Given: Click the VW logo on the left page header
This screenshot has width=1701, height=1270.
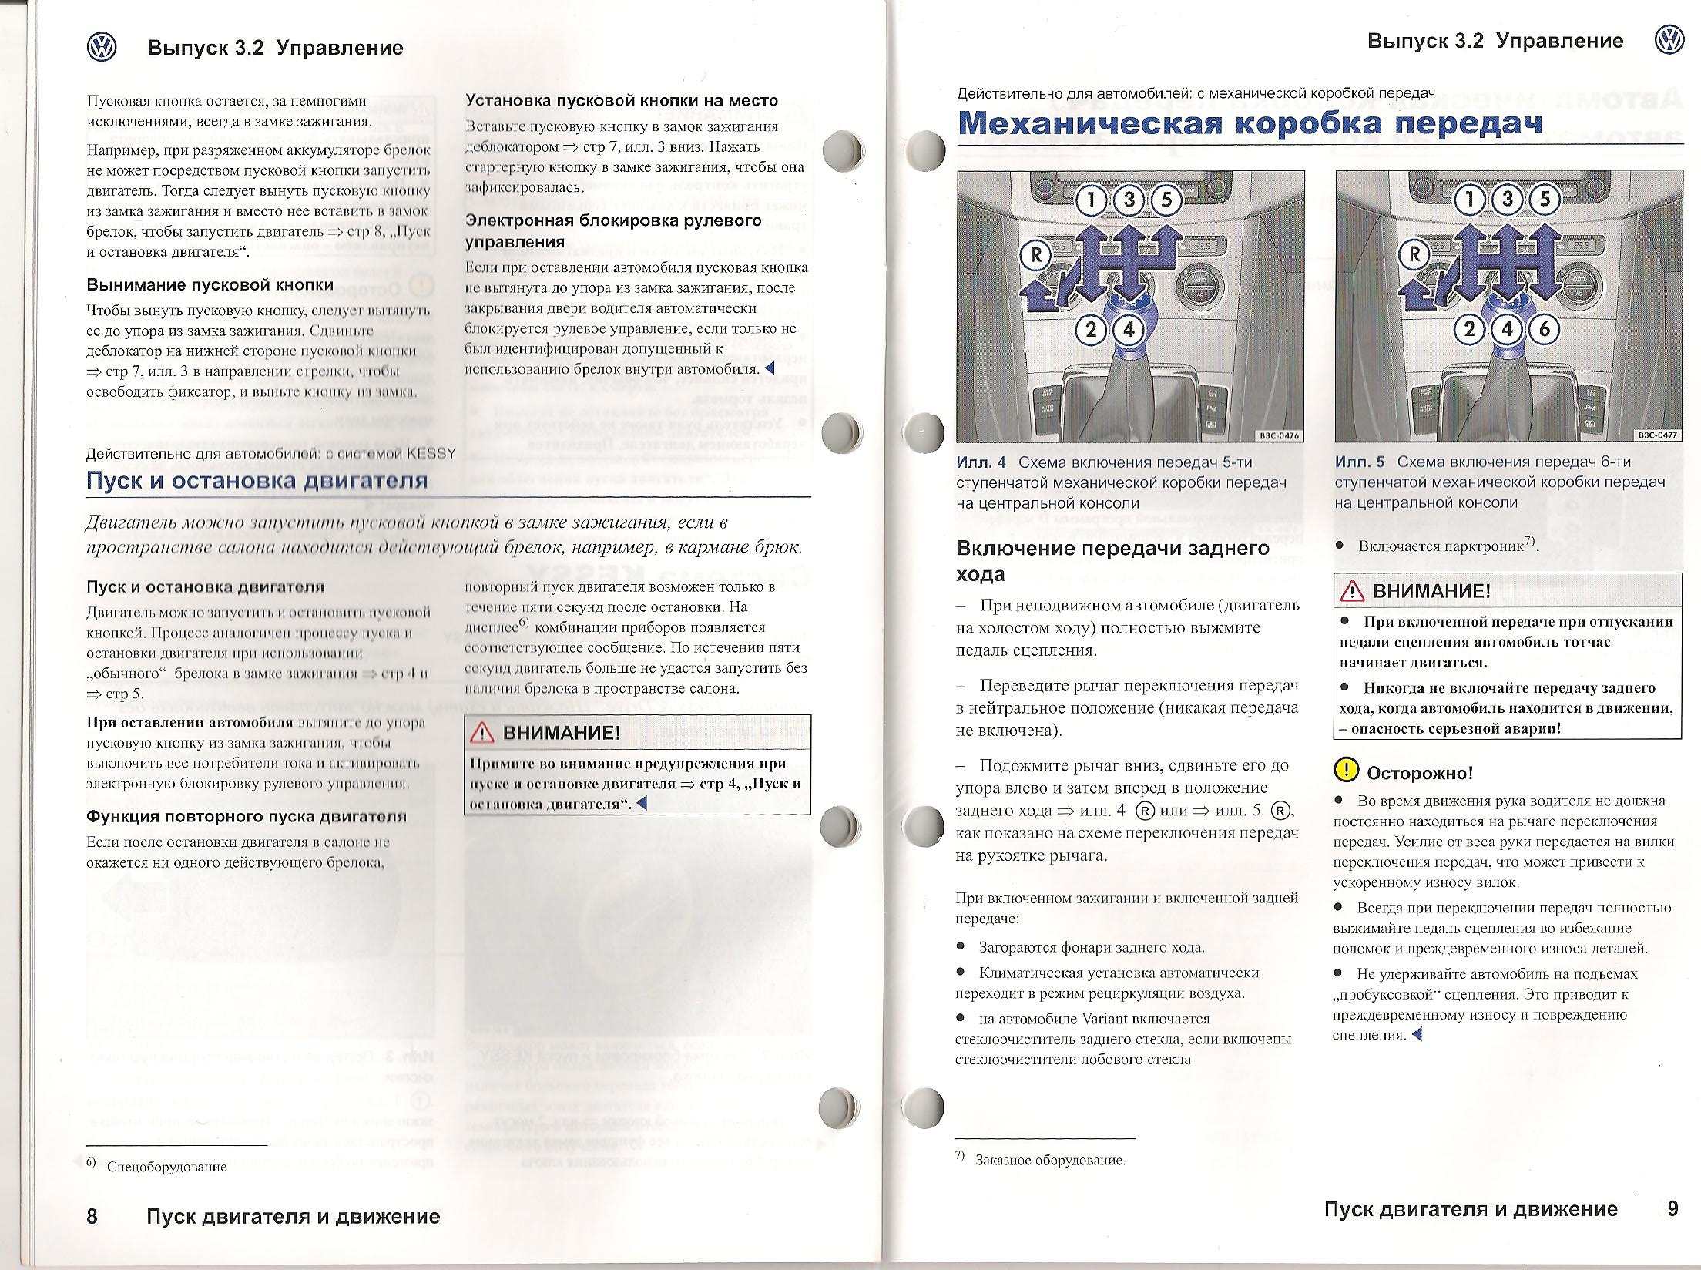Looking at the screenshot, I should (x=102, y=48).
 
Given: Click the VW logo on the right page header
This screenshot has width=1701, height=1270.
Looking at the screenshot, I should (x=1669, y=40).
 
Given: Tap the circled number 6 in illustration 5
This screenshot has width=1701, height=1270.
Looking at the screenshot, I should (x=1544, y=330).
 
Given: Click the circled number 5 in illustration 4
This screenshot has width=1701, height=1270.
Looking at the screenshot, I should (x=1166, y=200).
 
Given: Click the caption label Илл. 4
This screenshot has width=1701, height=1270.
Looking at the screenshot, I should (x=981, y=462).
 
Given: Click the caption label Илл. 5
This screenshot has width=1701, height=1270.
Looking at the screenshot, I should (x=1359, y=462).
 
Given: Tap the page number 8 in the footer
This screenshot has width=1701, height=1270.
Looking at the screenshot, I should (x=92, y=1216).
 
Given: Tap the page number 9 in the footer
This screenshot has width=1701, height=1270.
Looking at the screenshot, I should (x=1672, y=1208).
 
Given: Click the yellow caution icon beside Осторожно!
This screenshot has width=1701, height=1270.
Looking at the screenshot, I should (x=1347, y=769).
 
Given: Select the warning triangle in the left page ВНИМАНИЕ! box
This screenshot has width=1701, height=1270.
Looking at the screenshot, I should (x=481, y=732).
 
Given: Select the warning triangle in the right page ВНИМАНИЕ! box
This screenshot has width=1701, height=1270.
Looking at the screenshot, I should (x=1352, y=591).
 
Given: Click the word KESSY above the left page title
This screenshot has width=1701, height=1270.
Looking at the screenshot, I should (x=431, y=453).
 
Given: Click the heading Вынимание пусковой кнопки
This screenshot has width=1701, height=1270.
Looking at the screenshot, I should (x=210, y=285).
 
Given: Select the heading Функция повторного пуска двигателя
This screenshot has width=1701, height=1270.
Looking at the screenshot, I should (x=246, y=816).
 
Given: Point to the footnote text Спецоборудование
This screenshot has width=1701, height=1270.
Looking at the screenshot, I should (x=166, y=1166).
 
